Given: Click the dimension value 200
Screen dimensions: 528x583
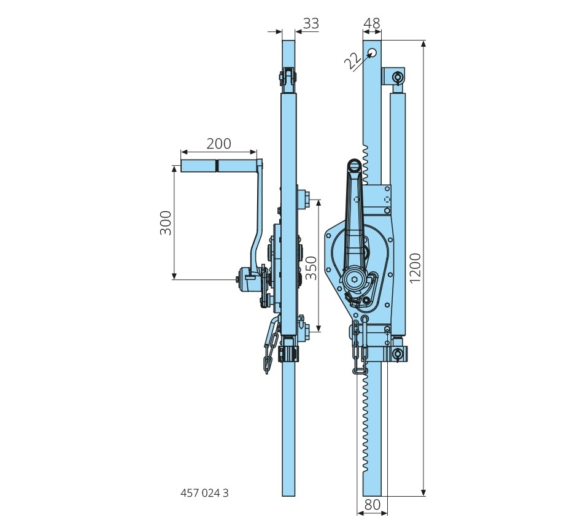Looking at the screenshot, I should [x=218, y=144].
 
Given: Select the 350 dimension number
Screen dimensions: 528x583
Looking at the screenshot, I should [x=311, y=267].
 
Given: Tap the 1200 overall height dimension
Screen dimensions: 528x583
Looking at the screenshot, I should [x=415, y=268].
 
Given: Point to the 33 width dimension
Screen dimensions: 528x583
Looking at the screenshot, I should [x=311, y=23].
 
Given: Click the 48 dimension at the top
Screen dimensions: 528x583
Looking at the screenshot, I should [x=371, y=23].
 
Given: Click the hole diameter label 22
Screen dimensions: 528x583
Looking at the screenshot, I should [x=352, y=61].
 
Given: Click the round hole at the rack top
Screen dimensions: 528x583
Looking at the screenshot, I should [x=372, y=53].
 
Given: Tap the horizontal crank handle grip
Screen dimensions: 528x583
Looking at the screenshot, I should [x=218, y=166].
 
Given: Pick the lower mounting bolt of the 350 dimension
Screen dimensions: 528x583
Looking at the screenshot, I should [x=303, y=325].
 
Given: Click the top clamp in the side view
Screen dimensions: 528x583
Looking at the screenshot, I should [x=288, y=79].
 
